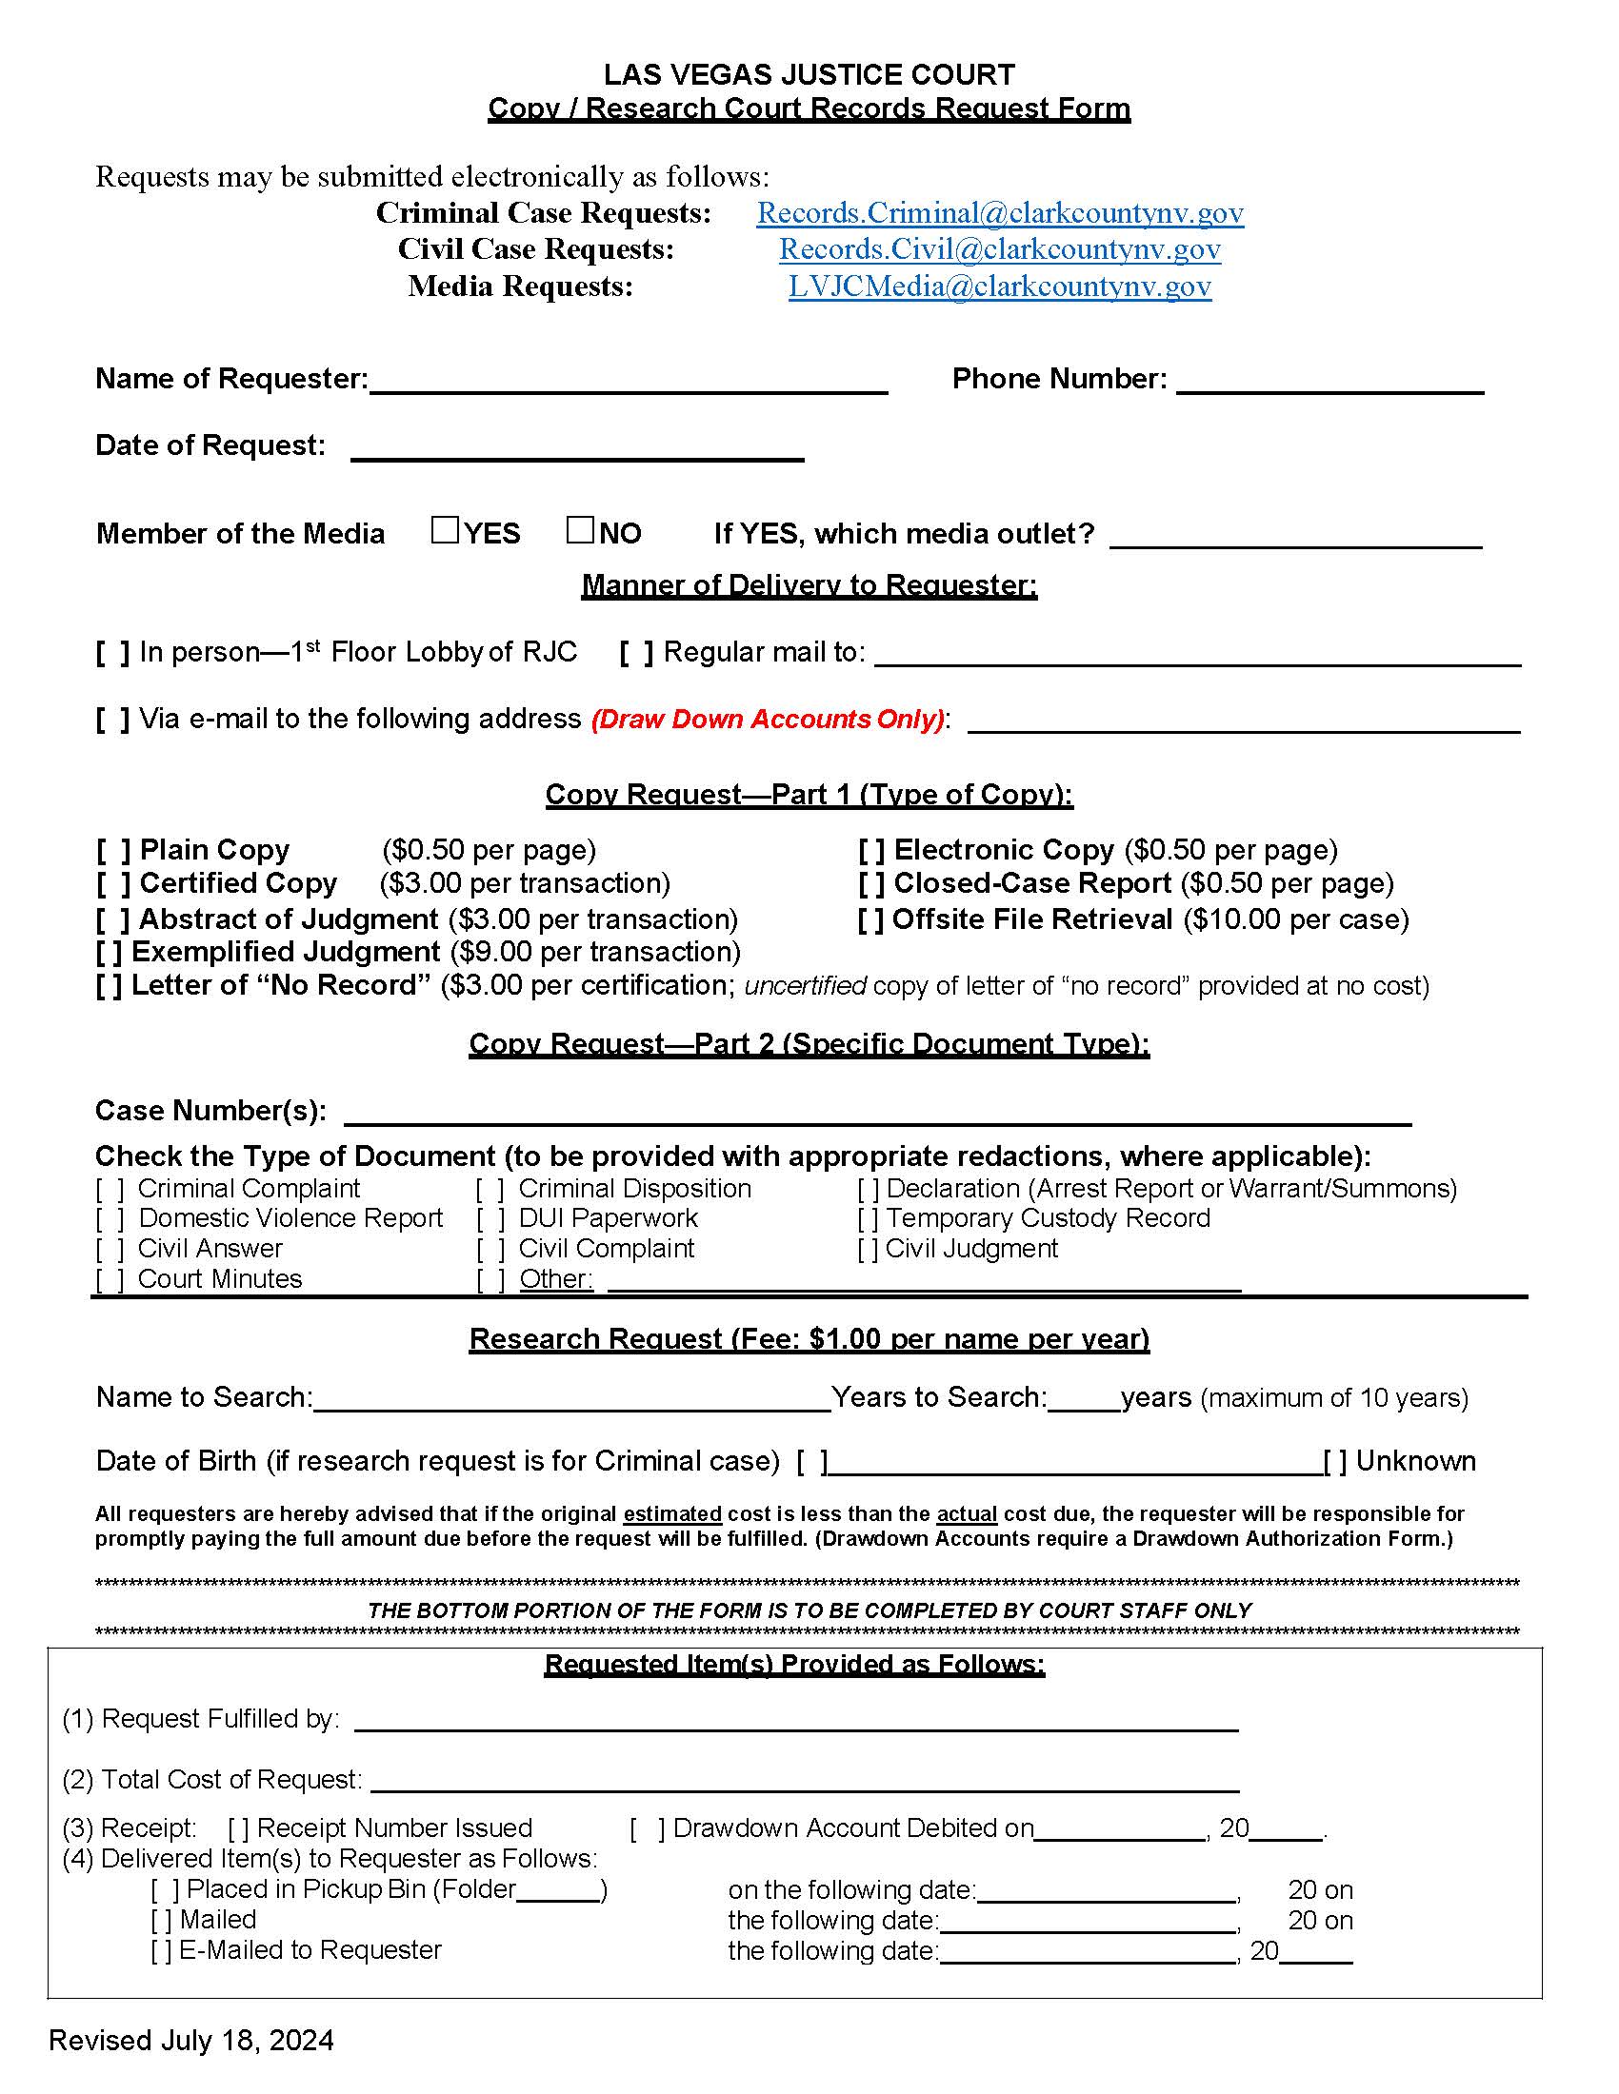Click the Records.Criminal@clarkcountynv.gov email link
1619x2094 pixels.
pos(999,213)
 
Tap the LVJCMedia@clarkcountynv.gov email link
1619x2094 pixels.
pos(999,286)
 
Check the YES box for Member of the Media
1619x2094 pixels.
pos(445,530)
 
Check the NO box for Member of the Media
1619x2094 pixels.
pos(579,530)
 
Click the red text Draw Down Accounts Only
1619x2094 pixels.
pos(769,719)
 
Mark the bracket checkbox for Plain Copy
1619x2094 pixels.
pos(112,850)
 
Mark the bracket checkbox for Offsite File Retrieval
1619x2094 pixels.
pos(869,919)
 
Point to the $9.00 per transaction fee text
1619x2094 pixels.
pos(590,952)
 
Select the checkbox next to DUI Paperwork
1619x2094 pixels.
pos(490,1218)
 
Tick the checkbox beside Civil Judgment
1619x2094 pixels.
pos(867,1250)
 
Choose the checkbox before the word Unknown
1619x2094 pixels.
pos(1334,1462)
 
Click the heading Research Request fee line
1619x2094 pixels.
pos(809,1338)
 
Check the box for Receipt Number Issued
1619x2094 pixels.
pos(238,1829)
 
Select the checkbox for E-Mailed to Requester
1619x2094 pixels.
pos(161,1951)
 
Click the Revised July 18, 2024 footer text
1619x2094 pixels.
pos(190,2041)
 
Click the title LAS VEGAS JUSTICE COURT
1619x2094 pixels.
pos(809,75)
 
